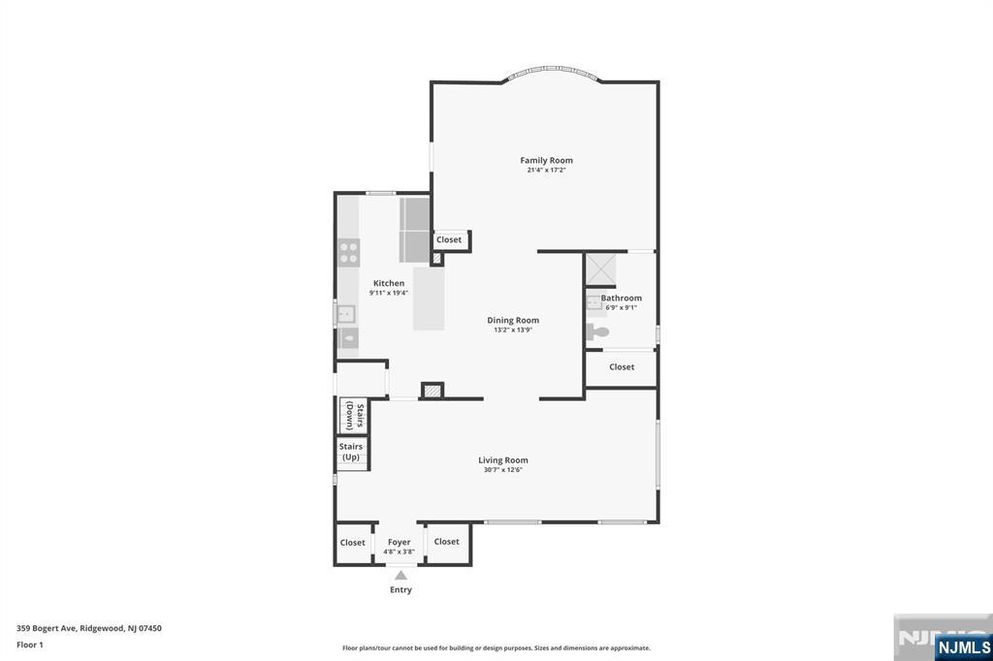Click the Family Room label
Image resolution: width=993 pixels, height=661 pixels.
click(546, 160)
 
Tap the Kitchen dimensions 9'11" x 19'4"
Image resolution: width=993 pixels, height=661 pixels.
click(388, 293)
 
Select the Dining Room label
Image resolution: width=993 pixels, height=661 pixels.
click(513, 320)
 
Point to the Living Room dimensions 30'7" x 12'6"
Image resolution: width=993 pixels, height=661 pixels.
click(503, 470)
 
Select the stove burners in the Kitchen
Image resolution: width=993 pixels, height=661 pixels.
click(349, 254)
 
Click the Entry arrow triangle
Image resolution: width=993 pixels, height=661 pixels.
click(400, 575)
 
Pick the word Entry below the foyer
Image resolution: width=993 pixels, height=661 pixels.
click(400, 589)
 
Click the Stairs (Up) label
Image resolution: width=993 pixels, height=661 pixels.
click(351, 452)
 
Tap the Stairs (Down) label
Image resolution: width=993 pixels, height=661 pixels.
click(354, 416)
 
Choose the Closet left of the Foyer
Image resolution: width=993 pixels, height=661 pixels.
click(353, 543)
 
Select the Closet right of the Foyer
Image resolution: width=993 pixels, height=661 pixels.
click(447, 542)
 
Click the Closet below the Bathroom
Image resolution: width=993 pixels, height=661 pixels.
click(622, 367)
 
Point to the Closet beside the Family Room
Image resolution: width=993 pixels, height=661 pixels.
click(449, 240)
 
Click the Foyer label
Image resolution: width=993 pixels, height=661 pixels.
click(400, 542)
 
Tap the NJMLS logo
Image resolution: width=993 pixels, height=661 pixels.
click(963, 646)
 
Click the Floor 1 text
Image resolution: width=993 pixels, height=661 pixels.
click(30, 645)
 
